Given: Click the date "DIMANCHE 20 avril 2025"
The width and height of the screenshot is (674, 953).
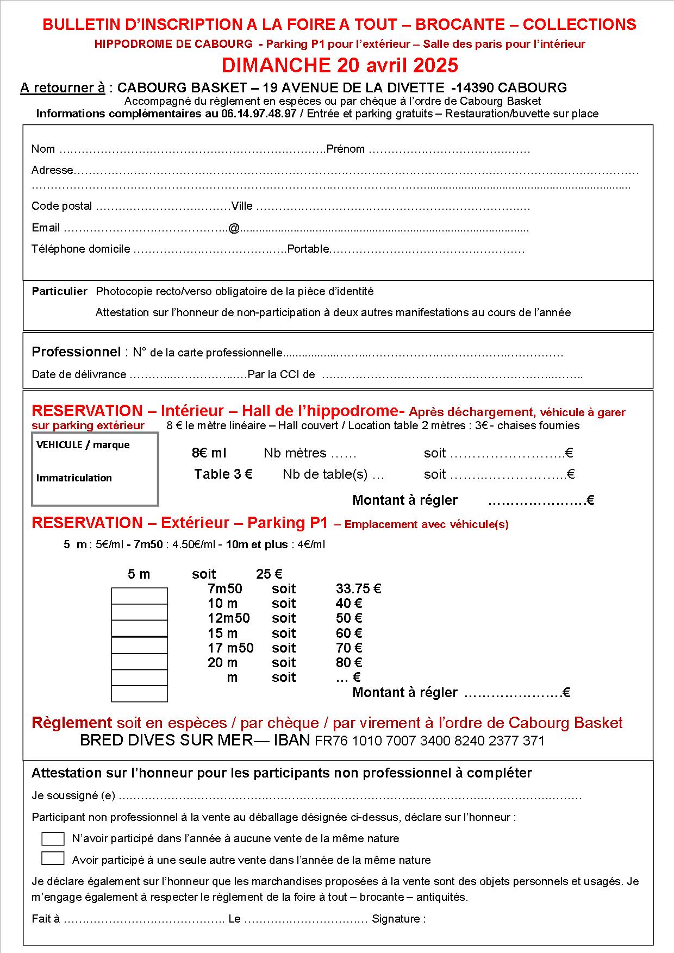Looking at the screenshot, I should (x=340, y=65).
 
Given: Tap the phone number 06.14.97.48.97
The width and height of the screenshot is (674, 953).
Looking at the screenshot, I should (x=259, y=114).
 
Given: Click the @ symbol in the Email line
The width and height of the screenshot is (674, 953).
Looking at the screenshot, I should (x=234, y=228).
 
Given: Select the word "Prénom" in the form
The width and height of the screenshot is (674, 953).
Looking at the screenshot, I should (x=345, y=149).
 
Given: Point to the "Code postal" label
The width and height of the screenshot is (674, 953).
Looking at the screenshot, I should (x=62, y=206).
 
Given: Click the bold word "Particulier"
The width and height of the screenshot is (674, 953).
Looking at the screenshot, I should (x=59, y=291).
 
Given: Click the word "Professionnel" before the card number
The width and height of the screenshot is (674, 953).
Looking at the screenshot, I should (x=76, y=352).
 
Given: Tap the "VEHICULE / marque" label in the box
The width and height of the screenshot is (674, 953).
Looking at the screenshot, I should (x=83, y=445).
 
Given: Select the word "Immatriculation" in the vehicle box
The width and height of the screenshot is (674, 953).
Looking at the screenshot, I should (x=74, y=478).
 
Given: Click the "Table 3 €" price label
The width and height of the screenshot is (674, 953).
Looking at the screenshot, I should (x=223, y=474).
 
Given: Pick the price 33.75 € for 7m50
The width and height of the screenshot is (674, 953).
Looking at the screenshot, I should (x=358, y=589).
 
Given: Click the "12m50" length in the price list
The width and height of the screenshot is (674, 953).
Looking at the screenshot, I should (x=229, y=618).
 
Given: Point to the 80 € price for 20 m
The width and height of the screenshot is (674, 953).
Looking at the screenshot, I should (x=349, y=663).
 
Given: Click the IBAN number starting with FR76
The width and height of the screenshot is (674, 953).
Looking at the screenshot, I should (x=429, y=741).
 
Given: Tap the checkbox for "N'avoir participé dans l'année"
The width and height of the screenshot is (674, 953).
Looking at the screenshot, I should (x=53, y=838).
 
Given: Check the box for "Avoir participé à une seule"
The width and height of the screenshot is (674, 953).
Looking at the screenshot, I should (x=53, y=858).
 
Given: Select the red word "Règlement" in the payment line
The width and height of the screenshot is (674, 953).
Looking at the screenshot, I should (x=72, y=723).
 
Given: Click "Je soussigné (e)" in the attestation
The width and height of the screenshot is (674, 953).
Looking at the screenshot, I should (x=73, y=795).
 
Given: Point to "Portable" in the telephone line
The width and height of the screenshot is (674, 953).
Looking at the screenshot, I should (x=308, y=249).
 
